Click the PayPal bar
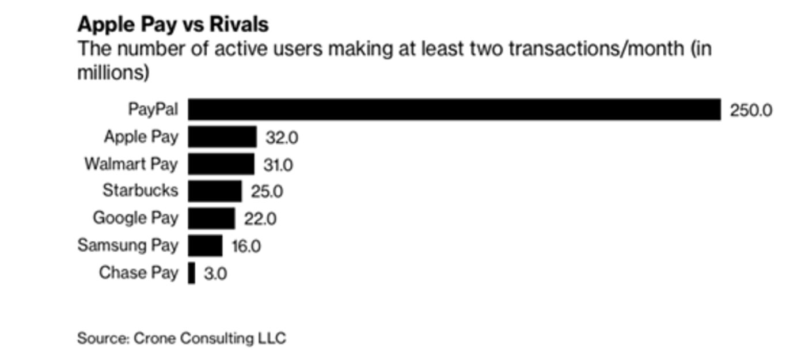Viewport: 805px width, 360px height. [x=454, y=109]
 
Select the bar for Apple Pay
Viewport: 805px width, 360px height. [x=222, y=137]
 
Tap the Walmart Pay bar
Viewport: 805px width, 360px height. [x=221, y=164]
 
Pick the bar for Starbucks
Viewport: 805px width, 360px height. [x=215, y=191]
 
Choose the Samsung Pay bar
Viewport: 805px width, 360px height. [x=205, y=246]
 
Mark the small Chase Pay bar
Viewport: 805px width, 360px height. [x=192, y=273]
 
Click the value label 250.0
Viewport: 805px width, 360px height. [x=751, y=110]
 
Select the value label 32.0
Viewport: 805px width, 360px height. [x=282, y=138]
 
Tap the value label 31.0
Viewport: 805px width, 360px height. [x=278, y=165]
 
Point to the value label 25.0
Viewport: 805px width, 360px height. [x=267, y=192]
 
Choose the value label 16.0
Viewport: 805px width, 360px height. [x=246, y=247]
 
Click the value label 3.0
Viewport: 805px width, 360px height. [x=215, y=274]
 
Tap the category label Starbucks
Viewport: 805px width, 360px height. [x=141, y=190]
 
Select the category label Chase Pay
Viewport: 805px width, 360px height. [x=139, y=272]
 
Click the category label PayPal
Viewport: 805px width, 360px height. [x=153, y=109]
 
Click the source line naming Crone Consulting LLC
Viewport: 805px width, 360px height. [x=181, y=338]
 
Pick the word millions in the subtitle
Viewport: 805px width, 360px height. [x=113, y=74]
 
